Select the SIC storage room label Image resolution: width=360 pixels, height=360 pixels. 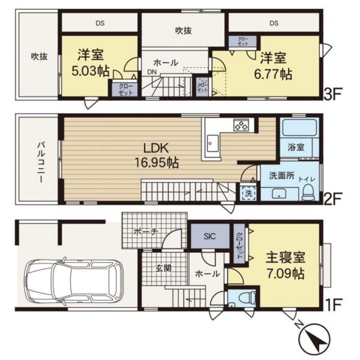tap(210, 236)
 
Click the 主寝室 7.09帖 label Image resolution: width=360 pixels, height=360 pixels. tap(285, 267)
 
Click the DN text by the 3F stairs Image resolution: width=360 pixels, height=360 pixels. tap(151, 72)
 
